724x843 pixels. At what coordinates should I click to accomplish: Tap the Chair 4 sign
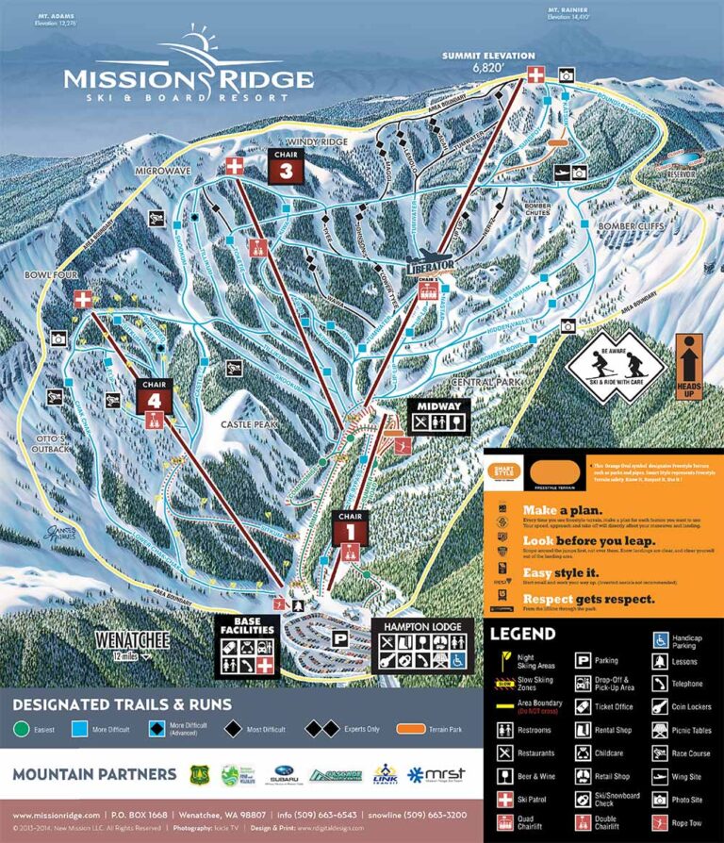155,397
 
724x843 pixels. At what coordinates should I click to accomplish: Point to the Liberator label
431,265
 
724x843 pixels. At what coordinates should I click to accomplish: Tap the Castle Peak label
247,425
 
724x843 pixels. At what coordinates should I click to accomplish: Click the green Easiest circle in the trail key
22,729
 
